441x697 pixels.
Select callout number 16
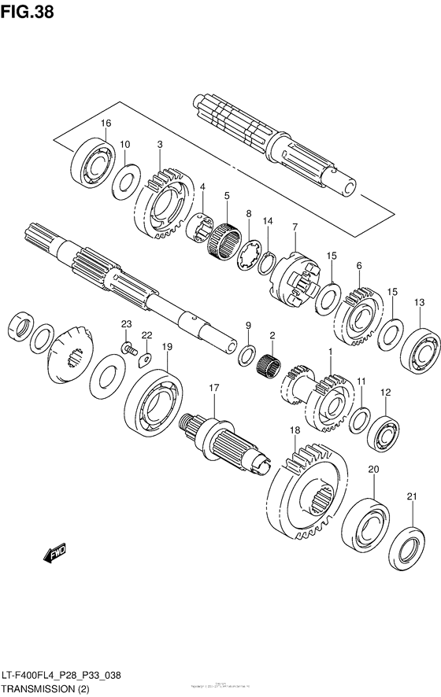(x=106, y=123)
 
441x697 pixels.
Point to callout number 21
(x=410, y=496)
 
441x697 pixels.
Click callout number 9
(x=247, y=325)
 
